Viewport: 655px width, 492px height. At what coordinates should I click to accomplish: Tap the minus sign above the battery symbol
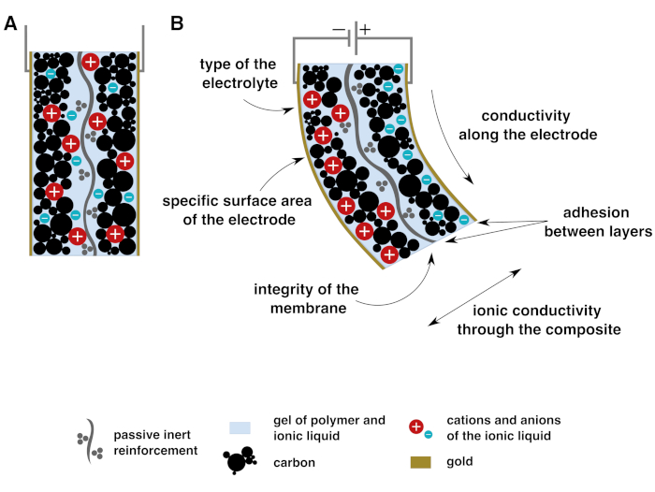tap(339, 28)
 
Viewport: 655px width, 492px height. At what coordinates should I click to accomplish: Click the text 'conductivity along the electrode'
tap(538, 125)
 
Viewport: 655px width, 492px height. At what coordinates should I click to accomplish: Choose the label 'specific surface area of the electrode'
tap(229, 210)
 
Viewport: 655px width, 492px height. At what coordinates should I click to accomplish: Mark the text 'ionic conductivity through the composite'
tap(535, 319)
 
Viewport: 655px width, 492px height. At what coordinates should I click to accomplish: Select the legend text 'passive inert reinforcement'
tap(155, 442)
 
